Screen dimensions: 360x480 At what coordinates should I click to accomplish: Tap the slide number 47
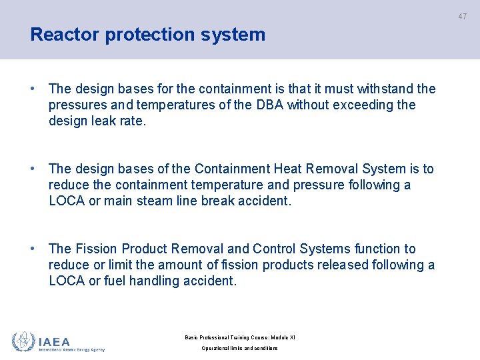coord(462,17)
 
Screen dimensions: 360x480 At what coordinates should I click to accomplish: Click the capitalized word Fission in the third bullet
coord(96,249)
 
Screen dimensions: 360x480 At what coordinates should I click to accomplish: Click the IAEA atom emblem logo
coord(23,341)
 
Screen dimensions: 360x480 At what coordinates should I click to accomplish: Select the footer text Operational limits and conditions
coord(239,348)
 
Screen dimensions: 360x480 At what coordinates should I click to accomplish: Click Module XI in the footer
coord(282,337)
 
